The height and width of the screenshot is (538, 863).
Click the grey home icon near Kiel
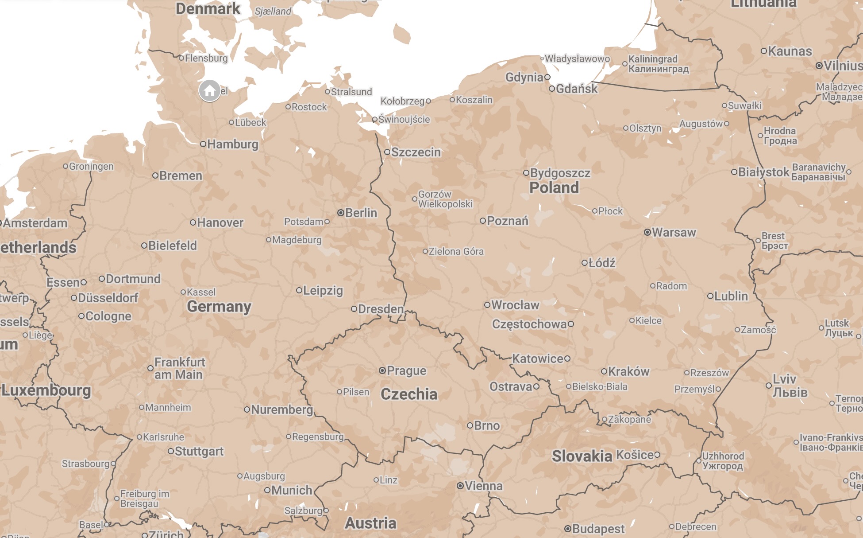tap(210, 91)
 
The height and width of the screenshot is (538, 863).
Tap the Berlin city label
tap(361, 213)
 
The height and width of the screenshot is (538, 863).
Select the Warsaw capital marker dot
tap(647, 232)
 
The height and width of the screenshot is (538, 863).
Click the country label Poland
tap(554, 187)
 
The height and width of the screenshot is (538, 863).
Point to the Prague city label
tap(406, 370)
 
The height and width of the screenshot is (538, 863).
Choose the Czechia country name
tap(409, 394)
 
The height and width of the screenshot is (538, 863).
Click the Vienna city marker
tap(460, 486)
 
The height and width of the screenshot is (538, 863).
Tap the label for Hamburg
tap(232, 144)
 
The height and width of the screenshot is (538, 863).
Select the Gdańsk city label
tap(576, 89)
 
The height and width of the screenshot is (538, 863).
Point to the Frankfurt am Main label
tap(179, 368)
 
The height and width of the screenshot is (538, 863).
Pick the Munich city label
tap(292, 490)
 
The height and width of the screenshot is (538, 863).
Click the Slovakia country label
tap(582, 456)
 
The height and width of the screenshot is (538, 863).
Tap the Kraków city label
tap(628, 371)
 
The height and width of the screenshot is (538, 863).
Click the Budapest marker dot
tap(568, 529)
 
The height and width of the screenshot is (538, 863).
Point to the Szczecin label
tap(416, 152)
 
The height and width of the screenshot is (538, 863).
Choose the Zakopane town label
tap(629, 419)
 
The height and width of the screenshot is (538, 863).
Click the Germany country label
tap(219, 306)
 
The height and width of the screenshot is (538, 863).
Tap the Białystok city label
tap(763, 172)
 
